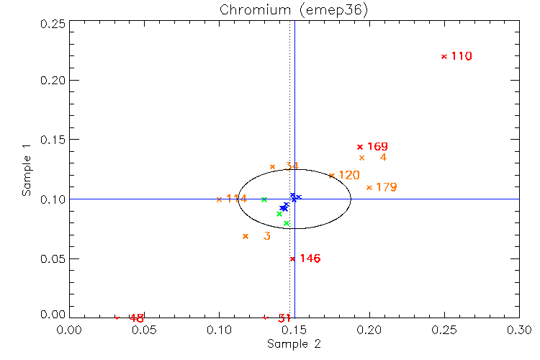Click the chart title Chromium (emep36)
tap(294, 9)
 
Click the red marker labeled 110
tap(444, 56)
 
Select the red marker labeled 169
tap(360, 147)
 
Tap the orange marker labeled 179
tap(369, 187)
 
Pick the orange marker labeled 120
tap(332, 175)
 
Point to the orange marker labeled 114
tap(220, 199)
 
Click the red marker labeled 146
tap(292, 258)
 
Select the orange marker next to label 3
tap(246, 236)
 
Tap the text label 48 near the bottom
tap(137, 318)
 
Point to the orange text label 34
tap(292, 166)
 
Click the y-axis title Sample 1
tap(27, 170)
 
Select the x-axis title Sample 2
tap(294, 344)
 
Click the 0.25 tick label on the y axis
tap(53, 23)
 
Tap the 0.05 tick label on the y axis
tap(53, 258)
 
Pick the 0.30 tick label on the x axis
tap(519, 329)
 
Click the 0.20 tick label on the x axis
tap(369, 329)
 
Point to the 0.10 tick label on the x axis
tap(220, 329)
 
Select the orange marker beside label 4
tap(361, 158)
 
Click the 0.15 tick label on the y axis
tap(53, 140)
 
